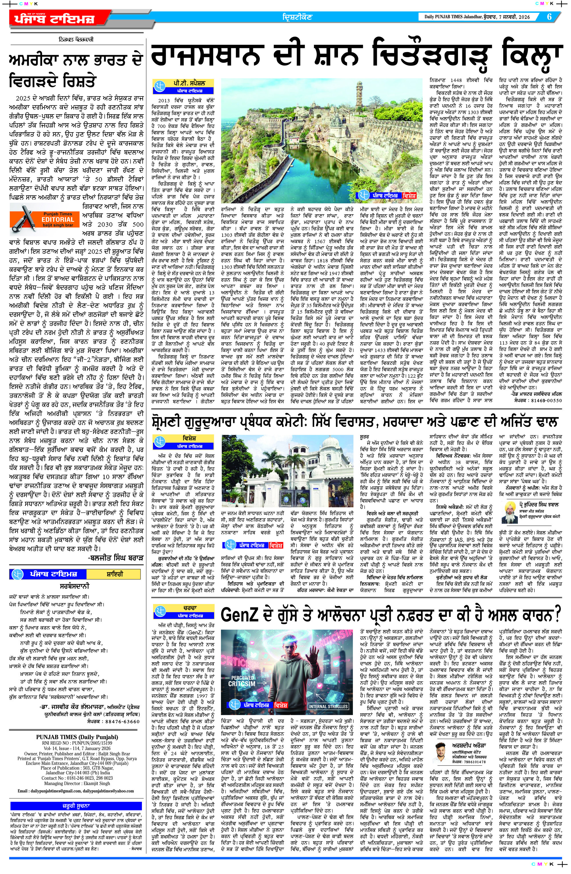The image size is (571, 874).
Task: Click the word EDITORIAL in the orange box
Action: click(58, 219)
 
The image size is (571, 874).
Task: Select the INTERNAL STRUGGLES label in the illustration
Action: click(328, 706)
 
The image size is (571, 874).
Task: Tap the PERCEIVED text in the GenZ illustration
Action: click(243, 677)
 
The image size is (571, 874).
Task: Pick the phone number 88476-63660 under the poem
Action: click(123, 721)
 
